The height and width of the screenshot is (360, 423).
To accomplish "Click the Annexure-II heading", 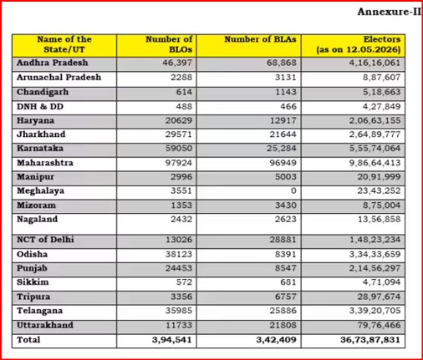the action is (390, 12).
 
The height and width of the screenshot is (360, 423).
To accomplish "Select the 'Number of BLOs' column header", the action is (169, 44).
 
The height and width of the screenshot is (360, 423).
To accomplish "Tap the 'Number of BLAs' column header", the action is (260, 39).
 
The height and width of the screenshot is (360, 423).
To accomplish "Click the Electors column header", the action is (359, 44).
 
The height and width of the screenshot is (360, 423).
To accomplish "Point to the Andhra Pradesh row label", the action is (53, 63).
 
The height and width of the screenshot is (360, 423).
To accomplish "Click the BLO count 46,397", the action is (177, 63).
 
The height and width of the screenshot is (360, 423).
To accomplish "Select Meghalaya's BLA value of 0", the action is (293, 190).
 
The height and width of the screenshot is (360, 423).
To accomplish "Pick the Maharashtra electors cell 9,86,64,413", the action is (375, 163).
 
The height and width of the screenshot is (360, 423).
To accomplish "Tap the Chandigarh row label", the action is (43, 92).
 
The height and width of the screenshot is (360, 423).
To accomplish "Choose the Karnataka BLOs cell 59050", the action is (179, 148).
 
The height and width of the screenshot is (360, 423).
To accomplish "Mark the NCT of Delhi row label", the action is (45, 240).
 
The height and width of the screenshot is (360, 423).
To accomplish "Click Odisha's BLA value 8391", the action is (286, 254).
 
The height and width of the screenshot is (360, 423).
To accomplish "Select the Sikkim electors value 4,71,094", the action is (381, 282).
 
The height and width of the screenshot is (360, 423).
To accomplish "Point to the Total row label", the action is (28, 340).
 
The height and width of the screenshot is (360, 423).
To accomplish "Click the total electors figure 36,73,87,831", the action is (370, 340).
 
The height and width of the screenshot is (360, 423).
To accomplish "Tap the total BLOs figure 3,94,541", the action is (172, 340).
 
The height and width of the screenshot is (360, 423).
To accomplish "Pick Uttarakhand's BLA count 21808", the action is (283, 325).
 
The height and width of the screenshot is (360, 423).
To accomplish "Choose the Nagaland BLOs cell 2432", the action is (181, 219).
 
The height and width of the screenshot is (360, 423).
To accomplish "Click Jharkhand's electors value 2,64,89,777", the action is (375, 134).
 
